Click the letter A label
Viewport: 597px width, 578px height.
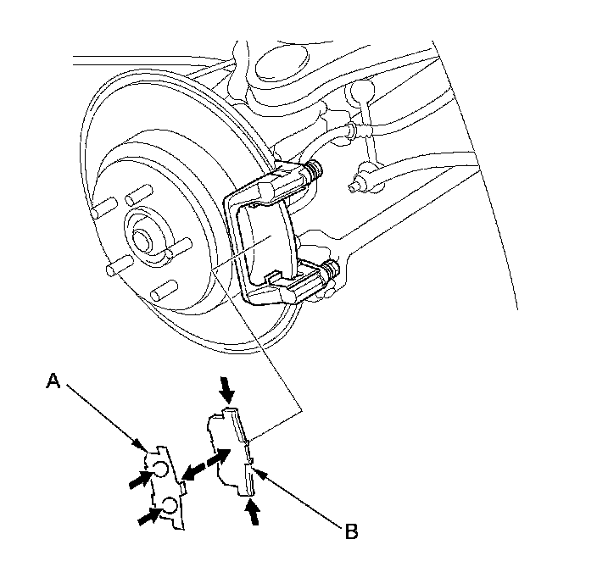coord(53,383)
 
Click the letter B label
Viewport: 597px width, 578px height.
coord(349,532)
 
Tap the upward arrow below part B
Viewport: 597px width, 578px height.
coord(253,511)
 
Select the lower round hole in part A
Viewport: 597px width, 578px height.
coord(170,506)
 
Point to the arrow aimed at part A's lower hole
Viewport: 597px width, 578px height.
coord(148,514)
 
